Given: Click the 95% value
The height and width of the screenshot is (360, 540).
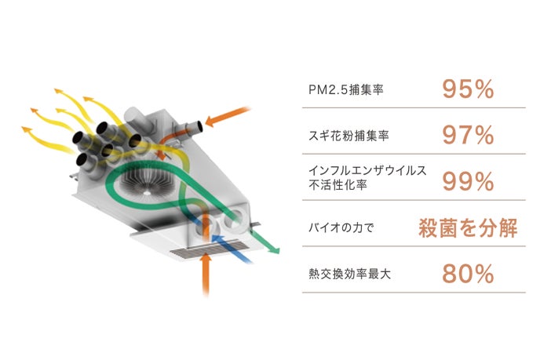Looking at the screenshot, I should coord(468,89).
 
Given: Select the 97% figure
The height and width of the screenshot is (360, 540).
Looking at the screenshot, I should coord(468,136).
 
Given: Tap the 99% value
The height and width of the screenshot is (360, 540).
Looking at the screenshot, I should coord(468,182).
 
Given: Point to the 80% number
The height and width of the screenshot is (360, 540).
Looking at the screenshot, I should coord(468,274).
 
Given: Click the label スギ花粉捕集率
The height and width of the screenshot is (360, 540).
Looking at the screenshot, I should coord(349,136).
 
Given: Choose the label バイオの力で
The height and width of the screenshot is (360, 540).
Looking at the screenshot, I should coord(343,229).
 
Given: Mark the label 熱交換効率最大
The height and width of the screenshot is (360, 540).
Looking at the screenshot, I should coord(348,275).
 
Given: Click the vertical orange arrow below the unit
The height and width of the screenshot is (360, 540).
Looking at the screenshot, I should coord(206,271).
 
